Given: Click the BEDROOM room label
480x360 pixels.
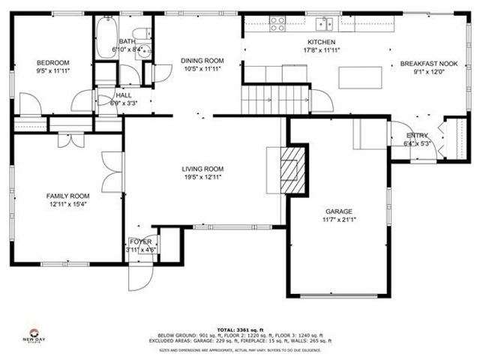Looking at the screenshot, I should (x=53, y=62).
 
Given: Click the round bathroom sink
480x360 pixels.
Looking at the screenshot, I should (x=145, y=50).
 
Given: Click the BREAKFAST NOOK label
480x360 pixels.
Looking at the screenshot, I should (x=427, y=64).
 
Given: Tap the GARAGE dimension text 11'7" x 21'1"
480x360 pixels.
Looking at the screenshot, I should (x=338, y=220).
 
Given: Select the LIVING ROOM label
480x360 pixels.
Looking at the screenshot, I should (x=202, y=169).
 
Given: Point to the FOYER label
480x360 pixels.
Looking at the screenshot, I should (x=140, y=241).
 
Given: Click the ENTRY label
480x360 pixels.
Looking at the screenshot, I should (x=417, y=136).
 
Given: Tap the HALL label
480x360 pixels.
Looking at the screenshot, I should (x=124, y=95).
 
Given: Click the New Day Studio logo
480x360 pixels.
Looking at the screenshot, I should (x=34, y=334).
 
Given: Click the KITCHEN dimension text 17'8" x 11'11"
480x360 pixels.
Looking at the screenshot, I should (x=321, y=51).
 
